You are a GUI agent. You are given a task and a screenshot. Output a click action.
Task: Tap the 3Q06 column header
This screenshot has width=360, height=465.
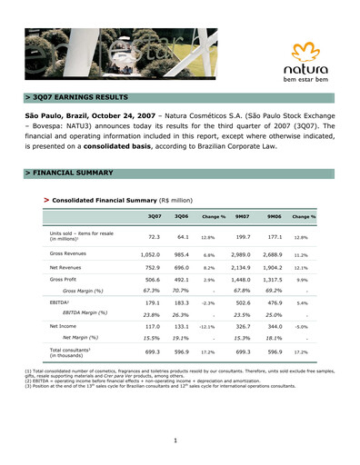[181, 215]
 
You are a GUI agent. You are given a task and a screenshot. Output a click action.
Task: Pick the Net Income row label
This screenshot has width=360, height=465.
[64, 324]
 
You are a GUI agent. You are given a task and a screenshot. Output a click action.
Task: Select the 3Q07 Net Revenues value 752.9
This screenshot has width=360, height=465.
[151, 268]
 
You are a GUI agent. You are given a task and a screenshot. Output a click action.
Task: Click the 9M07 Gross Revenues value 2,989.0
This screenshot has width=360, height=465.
[241, 254]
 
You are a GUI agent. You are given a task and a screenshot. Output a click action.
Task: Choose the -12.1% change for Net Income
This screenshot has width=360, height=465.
[208, 325]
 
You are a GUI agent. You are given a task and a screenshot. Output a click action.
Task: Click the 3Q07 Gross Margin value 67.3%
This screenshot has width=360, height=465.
[151, 291]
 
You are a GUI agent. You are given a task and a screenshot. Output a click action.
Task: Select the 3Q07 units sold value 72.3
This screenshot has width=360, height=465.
[153, 236]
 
